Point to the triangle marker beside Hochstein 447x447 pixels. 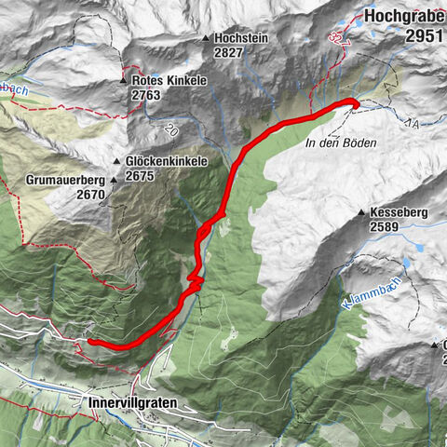click(x=206, y=39)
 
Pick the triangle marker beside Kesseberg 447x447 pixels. click(x=360, y=213)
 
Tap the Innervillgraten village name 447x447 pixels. click(x=133, y=403)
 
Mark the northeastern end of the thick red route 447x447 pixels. click(x=354, y=103)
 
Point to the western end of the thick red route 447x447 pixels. click(x=91, y=342)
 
